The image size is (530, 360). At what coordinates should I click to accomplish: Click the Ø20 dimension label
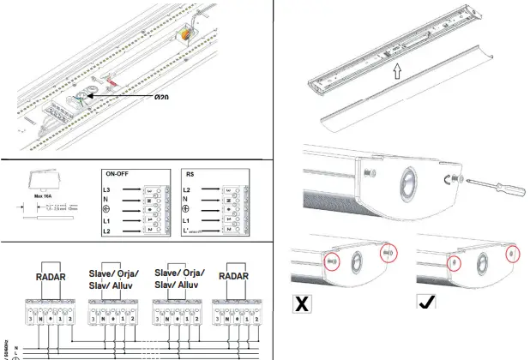[161, 98]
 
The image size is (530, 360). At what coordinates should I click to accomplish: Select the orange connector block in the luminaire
[185, 35]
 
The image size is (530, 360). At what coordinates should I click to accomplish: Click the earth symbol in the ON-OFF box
[105, 210]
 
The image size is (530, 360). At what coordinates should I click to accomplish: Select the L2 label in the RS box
[186, 188]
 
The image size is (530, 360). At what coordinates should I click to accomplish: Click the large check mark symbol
[426, 303]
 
